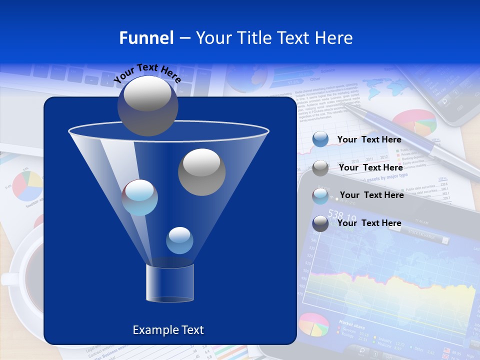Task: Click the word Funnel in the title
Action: (146, 38)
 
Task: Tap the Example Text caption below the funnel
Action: (168, 330)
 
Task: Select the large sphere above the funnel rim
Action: (147, 105)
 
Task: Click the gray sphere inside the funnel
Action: (201, 171)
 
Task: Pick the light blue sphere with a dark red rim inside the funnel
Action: (140, 197)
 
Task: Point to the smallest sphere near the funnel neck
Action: (179, 240)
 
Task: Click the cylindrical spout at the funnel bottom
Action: (170, 283)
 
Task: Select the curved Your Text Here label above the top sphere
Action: (147, 73)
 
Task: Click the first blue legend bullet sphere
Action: (320, 139)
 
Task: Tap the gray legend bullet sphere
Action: (320, 168)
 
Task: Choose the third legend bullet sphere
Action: (320, 196)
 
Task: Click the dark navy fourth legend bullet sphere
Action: (320, 223)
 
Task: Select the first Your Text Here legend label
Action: (369, 140)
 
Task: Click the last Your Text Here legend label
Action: (369, 223)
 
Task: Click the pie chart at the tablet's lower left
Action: (314, 324)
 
